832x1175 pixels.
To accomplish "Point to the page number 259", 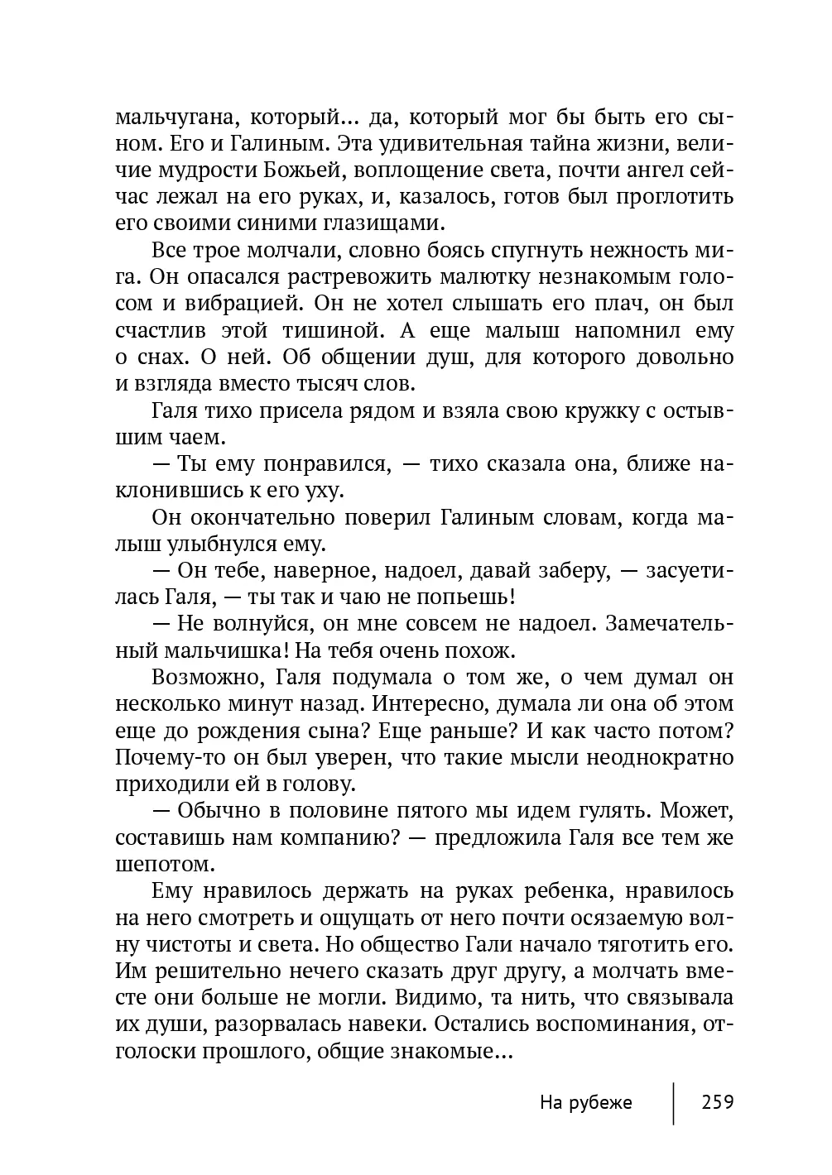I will point(717,1103).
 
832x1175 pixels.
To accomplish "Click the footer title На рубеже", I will point(585,1103).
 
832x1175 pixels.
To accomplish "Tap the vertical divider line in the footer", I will point(674,1103).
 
